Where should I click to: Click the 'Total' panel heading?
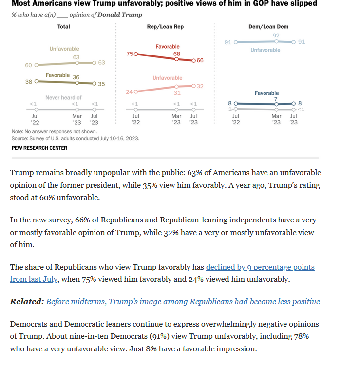click(64, 26)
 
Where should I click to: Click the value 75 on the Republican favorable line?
click(130, 54)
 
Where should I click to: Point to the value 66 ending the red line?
click(200, 60)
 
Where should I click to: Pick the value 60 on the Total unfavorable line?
click(28, 65)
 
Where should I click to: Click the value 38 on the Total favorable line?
click(28, 82)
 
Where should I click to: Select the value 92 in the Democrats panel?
click(276, 36)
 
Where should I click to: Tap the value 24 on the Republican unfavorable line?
click(130, 91)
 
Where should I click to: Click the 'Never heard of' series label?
click(63, 98)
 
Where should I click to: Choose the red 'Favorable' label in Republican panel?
click(168, 46)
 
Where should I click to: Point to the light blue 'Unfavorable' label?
click(265, 50)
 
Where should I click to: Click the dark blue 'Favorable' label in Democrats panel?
click(266, 93)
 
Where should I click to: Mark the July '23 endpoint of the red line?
click(193, 60)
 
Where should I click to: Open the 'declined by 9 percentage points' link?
click(260, 267)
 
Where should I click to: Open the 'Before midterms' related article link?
click(183, 302)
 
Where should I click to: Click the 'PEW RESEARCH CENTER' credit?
click(39, 148)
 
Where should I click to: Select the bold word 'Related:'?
click(26, 302)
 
